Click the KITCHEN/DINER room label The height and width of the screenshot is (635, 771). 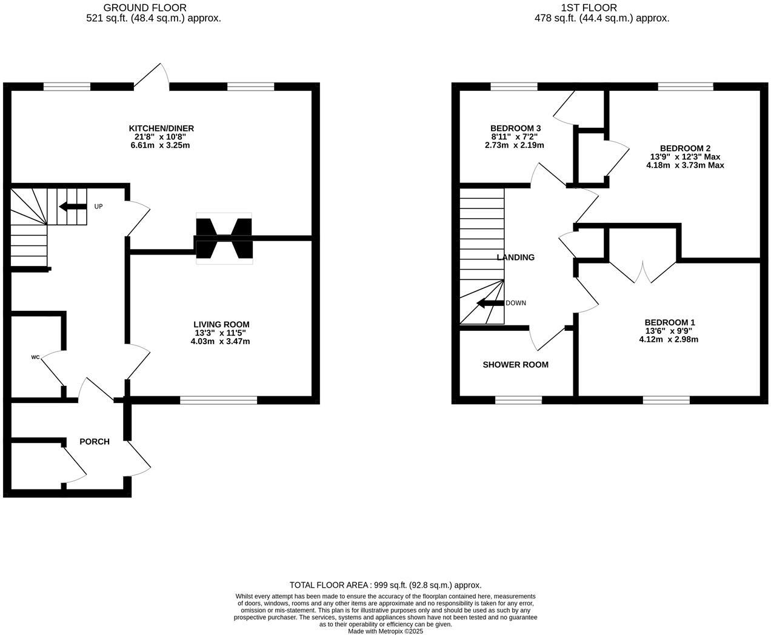161,128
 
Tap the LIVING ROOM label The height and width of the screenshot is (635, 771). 221,324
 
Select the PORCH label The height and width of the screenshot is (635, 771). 95,442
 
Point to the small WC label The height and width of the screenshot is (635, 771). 35,357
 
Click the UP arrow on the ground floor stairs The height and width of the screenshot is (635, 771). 73,207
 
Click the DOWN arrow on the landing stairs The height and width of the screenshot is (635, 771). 490,303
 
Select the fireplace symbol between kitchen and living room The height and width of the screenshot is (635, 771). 223,238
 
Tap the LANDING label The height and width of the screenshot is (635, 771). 515,257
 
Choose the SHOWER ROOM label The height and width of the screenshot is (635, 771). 515,365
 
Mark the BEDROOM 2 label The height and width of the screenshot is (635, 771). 685,148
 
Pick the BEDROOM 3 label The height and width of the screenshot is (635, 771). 515,128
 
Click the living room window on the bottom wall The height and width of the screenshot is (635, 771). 219,400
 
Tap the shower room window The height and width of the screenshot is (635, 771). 519,400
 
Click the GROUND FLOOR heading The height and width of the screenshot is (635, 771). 145,8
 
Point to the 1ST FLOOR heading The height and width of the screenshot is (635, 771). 589,8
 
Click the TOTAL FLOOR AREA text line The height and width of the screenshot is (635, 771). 385,585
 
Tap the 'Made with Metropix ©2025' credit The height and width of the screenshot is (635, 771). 385,631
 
